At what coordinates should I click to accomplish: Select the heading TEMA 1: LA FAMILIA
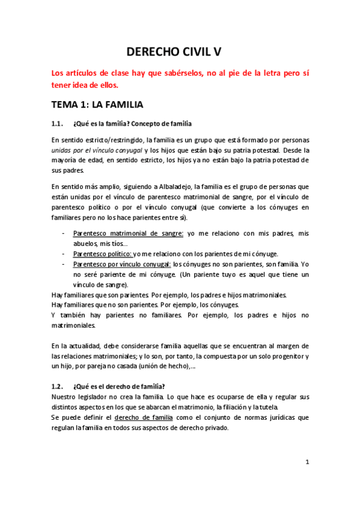pos(97,105)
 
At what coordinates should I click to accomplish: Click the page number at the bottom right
pos(307,462)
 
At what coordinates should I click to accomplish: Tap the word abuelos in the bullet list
pos(86,244)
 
